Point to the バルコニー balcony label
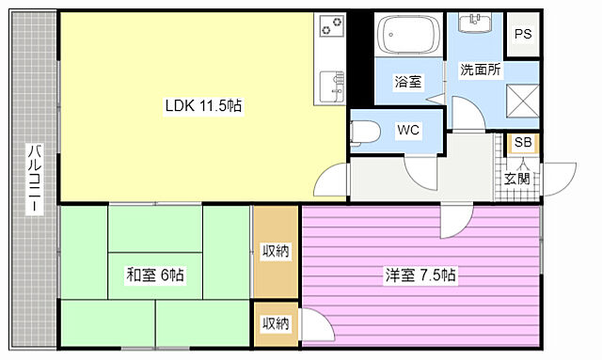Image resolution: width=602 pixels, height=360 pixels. [x=34, y=180]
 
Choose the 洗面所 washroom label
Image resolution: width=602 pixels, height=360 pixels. [x=480, y=70]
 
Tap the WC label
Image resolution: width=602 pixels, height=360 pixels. [x=407, y=129]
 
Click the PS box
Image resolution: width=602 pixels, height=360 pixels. [x=523, y=35]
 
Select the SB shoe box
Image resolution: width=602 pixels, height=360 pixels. [x=522, y=143]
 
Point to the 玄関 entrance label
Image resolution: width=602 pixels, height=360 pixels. [x=517, y=178]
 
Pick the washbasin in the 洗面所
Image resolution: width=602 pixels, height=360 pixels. [x=481, y=22]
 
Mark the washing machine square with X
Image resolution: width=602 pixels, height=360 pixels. [x=522, y=99]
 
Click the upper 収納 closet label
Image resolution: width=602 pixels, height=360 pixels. [x=276, y=251]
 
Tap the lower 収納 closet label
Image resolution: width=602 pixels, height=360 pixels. [x=276, y=323]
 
